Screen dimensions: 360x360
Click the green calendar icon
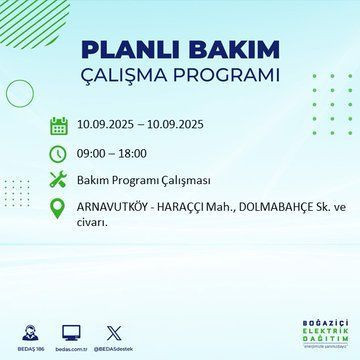pyautogui.click(x=59, y=126)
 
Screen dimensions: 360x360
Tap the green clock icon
pyautogui.click(x=59, y=154)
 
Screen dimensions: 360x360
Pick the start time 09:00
pyautogui.click(x=95, y=154)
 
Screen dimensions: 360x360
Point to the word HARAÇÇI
pyautogui.click(x=184, y=209)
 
